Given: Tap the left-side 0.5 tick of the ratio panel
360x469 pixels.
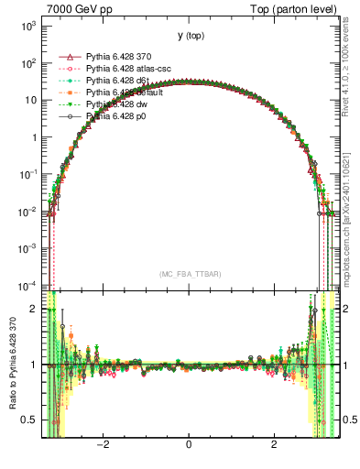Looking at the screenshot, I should point(32,420).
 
